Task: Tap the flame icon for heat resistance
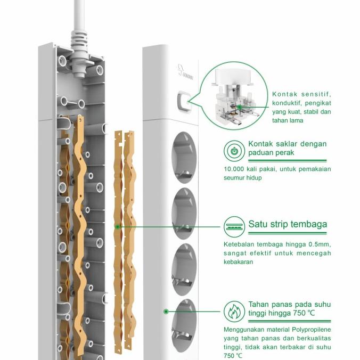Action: click(x=234, y=311)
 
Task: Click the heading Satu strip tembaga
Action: click(x=288, y=224)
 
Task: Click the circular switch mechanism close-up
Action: click(x=234, y=95)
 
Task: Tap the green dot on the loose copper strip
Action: click(x=117, y=226)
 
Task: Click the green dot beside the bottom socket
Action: click(x=166, y=311)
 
